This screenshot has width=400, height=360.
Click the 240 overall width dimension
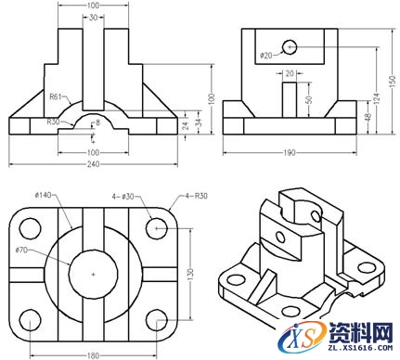coord(93,164)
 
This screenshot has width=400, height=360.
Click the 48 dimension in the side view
coord(363,118)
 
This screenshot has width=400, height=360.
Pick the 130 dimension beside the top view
coord(191,274)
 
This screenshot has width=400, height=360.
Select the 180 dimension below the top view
coord(93,354)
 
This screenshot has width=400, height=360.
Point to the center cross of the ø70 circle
coord(93,274)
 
